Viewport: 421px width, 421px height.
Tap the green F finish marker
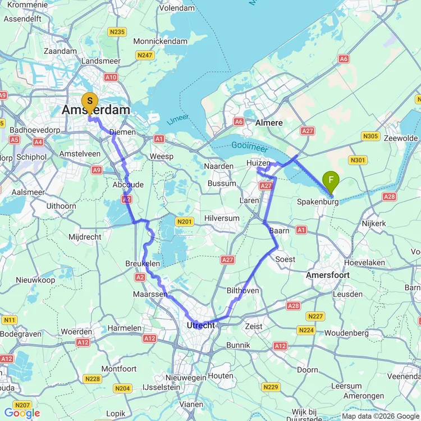point(331,181)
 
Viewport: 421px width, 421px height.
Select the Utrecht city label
point(200,326)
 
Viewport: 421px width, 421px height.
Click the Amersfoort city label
point(328,275)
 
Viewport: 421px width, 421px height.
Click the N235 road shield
point(117,32)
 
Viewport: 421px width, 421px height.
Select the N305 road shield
point(371,136)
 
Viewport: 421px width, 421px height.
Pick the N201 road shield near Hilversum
point(184,222)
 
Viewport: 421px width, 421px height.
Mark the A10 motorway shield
point(111,77)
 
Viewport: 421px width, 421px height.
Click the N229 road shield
point(271,387)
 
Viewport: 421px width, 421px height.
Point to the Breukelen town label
point(143,263)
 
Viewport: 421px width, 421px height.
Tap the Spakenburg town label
point(318,200)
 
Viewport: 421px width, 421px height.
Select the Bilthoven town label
point(242,290)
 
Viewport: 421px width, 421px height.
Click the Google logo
point(22,414)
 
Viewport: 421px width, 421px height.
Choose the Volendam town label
point(177,8)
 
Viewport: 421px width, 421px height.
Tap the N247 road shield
point(145,55)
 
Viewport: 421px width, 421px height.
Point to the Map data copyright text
point(380,416)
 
